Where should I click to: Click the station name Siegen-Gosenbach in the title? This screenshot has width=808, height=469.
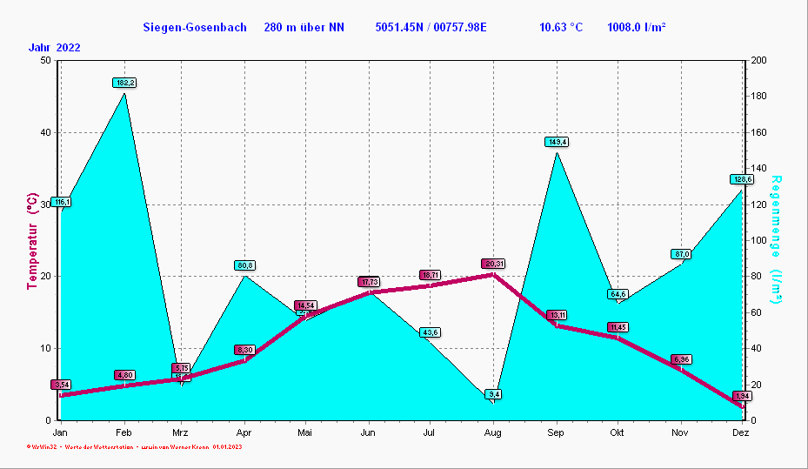click(195, 28)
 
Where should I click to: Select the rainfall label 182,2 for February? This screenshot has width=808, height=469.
click(124, 83)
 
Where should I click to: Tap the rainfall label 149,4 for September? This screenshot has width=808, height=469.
click(557, 142)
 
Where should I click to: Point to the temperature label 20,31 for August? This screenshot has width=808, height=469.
click(493, 264)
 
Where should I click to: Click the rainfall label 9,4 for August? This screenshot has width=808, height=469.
click(493, 394)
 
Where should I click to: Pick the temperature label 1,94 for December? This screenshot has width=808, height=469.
click(741, 396)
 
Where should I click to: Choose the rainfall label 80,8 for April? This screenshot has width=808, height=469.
click(244, 265)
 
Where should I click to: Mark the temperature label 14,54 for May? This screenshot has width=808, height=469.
click(305, 305)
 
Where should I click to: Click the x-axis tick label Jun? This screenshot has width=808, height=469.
click(368, 432)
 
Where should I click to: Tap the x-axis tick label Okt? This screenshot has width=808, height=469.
click(618, 432)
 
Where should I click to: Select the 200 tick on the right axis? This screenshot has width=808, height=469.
click(758, 60)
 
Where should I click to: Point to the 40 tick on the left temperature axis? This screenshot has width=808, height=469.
click(43, 132)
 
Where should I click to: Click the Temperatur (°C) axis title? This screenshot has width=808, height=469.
click(32, 241)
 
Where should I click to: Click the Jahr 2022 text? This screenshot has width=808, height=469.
click(54, 48)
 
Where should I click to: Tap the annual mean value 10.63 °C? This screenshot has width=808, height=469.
click(561, 28)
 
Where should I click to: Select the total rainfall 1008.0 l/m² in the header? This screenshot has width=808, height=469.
click(637, 28)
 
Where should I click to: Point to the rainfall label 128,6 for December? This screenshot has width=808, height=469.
click(741, 179)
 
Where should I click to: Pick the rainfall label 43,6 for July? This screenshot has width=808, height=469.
click(430, 332)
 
